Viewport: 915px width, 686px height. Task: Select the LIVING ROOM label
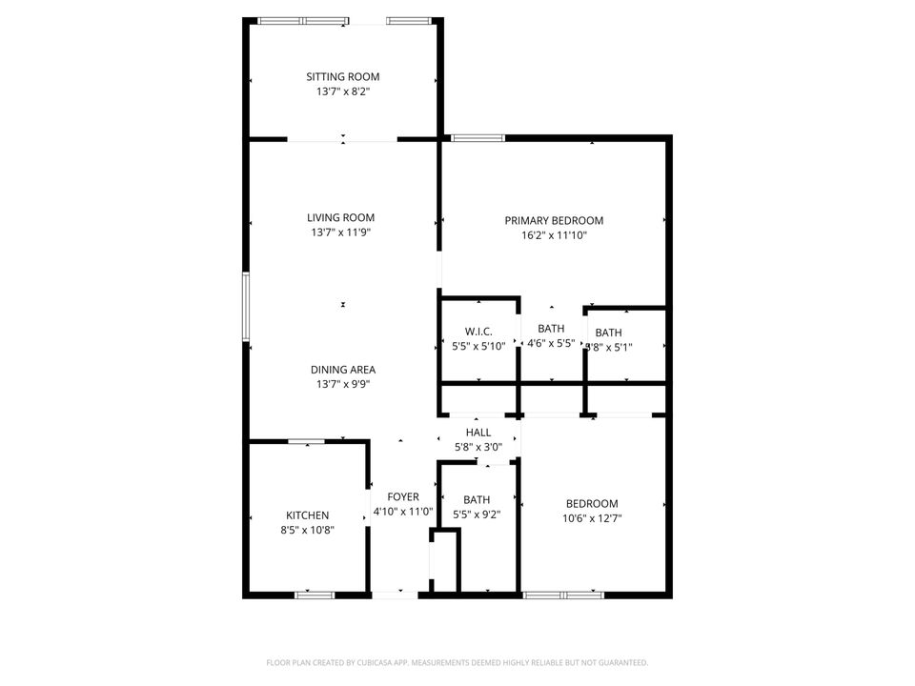pyautogui.click(x=340, y=217)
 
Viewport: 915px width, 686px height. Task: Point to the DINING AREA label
pyautogui.click(x=342, y=370)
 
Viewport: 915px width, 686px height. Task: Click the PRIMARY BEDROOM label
pyautogui.click(x=554, y=220)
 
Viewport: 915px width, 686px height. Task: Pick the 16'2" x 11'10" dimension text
pyautogui.click(x=554, y=235)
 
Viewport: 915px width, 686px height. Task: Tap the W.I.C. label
pyautogui.click(x=478, y=332)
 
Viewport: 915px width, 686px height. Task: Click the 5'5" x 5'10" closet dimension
pyautogui.click(x=478, y=347)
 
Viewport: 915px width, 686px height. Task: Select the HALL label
pyautogui.click(x=478, y=433)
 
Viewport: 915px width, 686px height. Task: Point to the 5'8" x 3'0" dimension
pyautogui.click(x=478, y=448)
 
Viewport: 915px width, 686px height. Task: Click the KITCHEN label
pyautogui.click(x=307, y=515)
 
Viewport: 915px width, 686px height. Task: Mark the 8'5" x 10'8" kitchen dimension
pyautogui.click(x=307, y=531)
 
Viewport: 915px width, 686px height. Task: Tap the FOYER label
pyautogui.click(x=402, y=496)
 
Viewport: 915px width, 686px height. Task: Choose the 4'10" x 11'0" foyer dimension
pyautogui.click(x=402, y=512)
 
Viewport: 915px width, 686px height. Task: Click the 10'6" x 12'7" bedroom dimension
pyautogui.click(x=592, y=519)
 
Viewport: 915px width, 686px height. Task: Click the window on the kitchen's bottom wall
pyautogui.click(x=315, y=595)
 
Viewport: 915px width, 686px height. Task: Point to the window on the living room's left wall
pyautogui.click(x=246, y=307)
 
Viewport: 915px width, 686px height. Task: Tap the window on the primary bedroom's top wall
pyautogui.click(x=478, y=138)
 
